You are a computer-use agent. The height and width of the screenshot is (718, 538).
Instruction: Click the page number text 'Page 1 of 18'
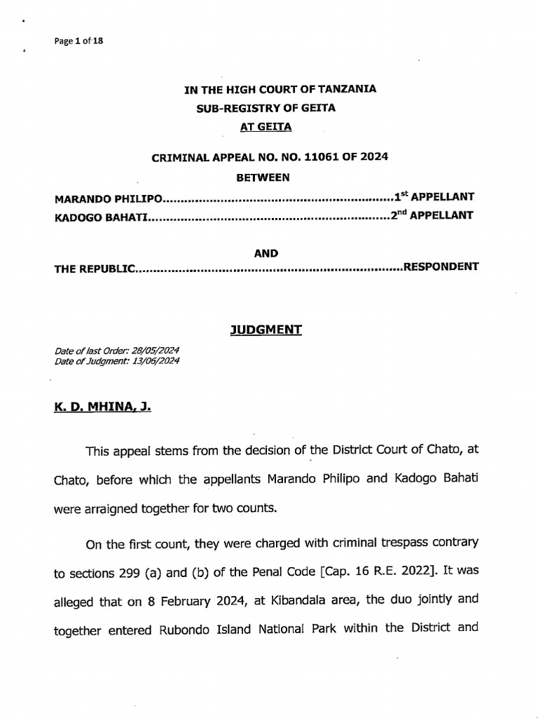point(78,41)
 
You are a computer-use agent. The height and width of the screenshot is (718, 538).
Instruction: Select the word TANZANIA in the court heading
point(347,89)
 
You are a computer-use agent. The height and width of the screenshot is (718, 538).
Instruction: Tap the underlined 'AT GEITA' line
point(265,127)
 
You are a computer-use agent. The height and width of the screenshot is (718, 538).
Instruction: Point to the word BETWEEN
point(263,177)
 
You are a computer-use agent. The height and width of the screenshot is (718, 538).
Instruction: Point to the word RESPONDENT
point(441,267)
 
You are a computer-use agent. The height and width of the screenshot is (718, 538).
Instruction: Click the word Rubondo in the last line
point(190,628)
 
